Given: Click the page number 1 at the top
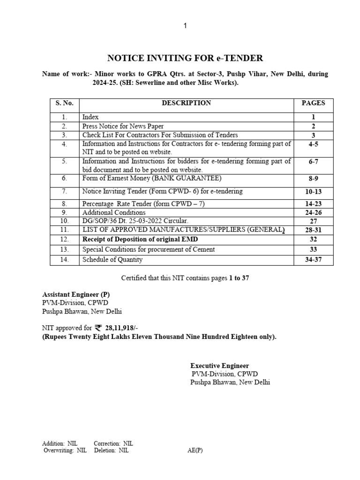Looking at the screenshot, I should coord(185,26).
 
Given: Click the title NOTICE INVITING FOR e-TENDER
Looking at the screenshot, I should coord(185,58).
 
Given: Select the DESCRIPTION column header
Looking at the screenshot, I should coord(186,103).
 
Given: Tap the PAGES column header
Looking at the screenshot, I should coord(313,103).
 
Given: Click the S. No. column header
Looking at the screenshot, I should coord(64,103).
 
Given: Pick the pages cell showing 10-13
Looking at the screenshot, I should coord(313,191).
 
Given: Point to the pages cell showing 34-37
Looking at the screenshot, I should coord(313,260).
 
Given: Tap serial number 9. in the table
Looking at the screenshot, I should coord(64,212).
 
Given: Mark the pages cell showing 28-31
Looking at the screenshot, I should coord(313,230).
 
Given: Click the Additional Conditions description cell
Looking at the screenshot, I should coord(114,212).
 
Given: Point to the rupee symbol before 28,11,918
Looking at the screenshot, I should coord(98,328).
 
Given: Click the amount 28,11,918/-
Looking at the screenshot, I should coord(120,329).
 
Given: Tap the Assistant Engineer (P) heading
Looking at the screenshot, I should coord(76,294).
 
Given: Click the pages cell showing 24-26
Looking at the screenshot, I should coord(313,212).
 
